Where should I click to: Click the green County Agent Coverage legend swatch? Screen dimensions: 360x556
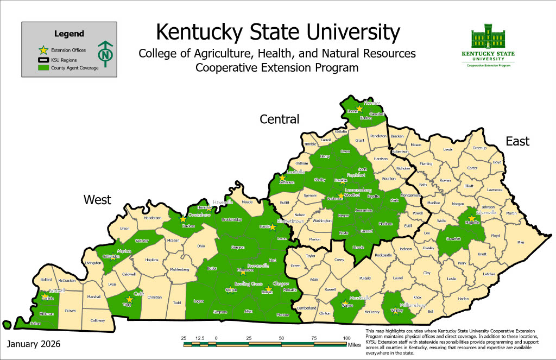coord(43,68)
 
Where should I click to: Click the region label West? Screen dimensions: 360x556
coord(97,199)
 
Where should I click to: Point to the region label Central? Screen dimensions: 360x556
coord(279,119)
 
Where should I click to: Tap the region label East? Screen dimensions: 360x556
coord(517,141)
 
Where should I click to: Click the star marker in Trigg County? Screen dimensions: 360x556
coord(129,299)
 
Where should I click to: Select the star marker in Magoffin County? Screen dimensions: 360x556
coord(472,219)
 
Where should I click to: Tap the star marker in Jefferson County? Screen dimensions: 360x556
coord(282,177)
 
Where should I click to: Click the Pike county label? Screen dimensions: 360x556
coord(521,242)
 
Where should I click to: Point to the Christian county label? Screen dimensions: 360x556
coord(155,297)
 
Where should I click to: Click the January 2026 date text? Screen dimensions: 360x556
coord(34,344)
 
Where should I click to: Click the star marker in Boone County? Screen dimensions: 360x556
coord(359,109)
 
